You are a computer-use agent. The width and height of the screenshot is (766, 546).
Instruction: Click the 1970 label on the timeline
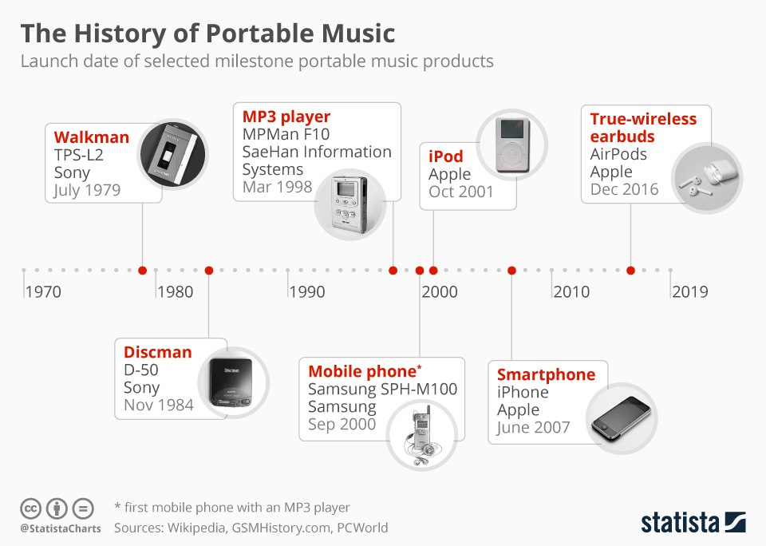pos(43,292)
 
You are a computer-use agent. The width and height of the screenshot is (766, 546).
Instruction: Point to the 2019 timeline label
pos(689,292)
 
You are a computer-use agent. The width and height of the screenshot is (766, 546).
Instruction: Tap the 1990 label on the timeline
pos(306,292)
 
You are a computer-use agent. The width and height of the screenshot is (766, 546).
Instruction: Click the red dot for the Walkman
pos(143,271)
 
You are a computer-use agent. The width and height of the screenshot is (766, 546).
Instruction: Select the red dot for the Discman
pos(209,271)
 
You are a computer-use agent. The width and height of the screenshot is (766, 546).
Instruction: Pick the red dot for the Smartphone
pos(512,271)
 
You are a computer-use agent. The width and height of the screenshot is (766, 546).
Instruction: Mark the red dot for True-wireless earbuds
pos(630,271)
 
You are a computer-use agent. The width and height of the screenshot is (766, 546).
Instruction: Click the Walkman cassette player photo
pos(173,154)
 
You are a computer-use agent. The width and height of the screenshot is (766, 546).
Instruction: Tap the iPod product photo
pos(512,145)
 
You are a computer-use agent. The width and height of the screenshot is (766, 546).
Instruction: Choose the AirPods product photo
pos(707,177)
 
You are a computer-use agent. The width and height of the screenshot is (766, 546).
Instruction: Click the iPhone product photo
pos(622,418)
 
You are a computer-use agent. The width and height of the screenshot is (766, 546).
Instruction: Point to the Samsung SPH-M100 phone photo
pos(421,434)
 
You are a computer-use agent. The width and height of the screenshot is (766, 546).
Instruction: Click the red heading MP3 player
pos(286,117)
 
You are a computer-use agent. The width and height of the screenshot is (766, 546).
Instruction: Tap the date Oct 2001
pos(461,192)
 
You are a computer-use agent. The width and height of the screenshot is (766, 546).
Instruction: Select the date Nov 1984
pos(159,405)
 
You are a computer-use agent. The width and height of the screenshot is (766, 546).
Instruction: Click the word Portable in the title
pos(260,34)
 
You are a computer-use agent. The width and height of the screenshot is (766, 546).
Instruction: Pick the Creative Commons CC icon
pos(30,508)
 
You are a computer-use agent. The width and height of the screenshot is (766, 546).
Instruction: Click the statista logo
pos(693,523)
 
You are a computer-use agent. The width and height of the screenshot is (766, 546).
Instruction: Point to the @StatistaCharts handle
pos(61,529)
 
